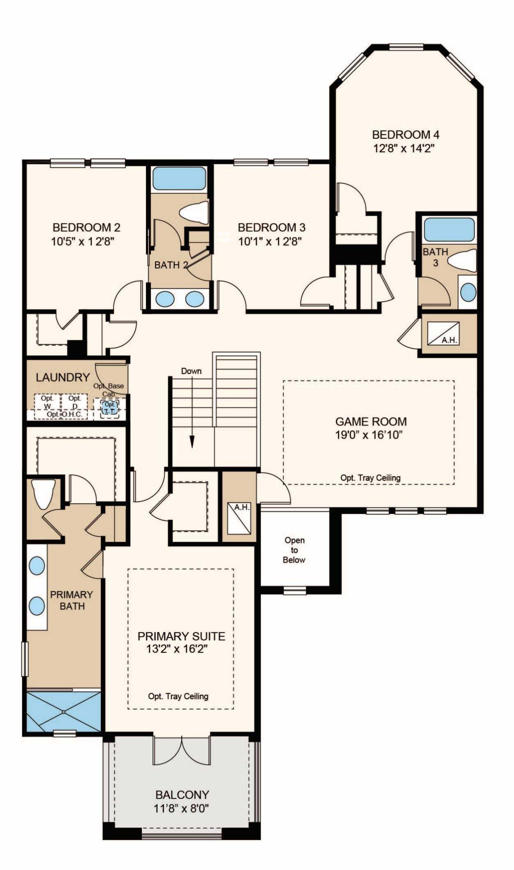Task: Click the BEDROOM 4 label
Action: (x=405, y=135)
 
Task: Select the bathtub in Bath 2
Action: (x=179, y=179)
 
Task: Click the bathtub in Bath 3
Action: (x=449, y=230)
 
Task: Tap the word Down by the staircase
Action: (x=192, y=371)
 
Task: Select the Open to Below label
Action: (x=294, y=550)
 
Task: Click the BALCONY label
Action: (x=182, y=795)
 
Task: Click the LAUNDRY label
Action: (x=63, y=377)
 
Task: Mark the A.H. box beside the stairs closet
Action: (x=239, y=519)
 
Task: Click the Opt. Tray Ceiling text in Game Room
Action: (x=370, y=478)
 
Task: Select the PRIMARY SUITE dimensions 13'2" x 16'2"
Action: (x=177, y=649)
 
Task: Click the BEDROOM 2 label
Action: (x=86, y=227)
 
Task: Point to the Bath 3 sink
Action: (x=468, y=292)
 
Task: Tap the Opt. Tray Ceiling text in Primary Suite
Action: (x=178, y=696)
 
